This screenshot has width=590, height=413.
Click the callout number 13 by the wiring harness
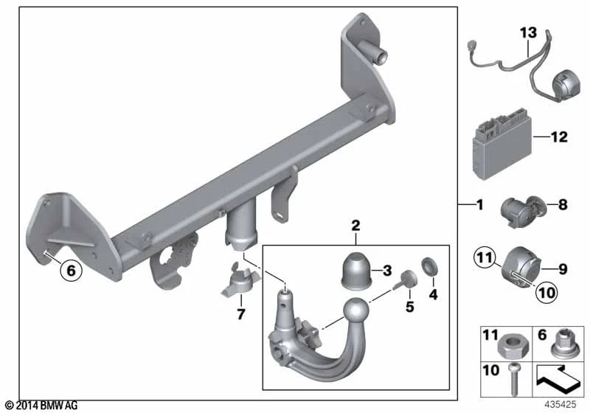point(528,33)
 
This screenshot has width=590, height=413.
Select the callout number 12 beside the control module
point(559,137)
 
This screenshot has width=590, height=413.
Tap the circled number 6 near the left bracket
point(71,270)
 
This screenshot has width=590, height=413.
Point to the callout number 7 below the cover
point(241,313)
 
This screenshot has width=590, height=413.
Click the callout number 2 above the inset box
point(355,226)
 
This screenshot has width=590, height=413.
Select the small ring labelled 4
point(429,266)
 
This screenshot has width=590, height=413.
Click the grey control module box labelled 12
point(503,145)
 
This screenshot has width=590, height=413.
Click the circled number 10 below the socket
point(546,292)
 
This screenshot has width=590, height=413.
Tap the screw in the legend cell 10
point(514,379)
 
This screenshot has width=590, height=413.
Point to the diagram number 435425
point(560,405)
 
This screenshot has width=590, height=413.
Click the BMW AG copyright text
point(42,406)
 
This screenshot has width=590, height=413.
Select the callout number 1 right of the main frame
point(479,205)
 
